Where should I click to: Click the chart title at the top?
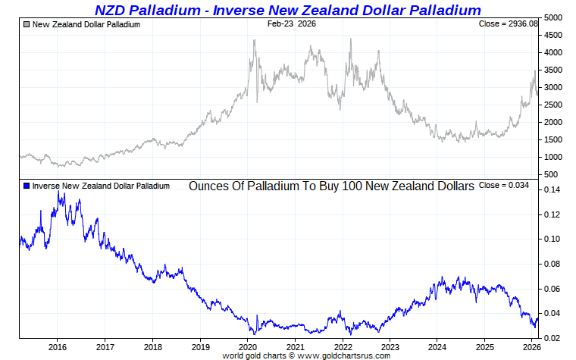[x=288, y=10]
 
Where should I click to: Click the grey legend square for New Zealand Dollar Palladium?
[x=27, y=24]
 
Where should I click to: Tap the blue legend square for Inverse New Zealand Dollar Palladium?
[x=27, y=186]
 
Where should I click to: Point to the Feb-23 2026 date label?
[x=292, y=24]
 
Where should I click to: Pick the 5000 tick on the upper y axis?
[x=554, y=17]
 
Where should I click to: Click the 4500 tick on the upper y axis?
[x=554, y=35]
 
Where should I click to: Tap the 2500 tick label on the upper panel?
[x=554, y=105]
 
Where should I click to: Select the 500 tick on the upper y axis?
[x=552, y=175]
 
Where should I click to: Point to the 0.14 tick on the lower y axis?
[x=552, y=189]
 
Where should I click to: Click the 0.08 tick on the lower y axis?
[x=552, y=264]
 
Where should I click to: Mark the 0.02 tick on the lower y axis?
[x=552, y=338]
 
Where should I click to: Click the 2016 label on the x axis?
[x=58, y=347]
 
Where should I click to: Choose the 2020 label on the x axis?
[x=248, y=347]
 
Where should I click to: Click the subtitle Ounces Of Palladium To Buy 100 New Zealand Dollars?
[x=331, y=186]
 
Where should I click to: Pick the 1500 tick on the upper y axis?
[x=554, y=140]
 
